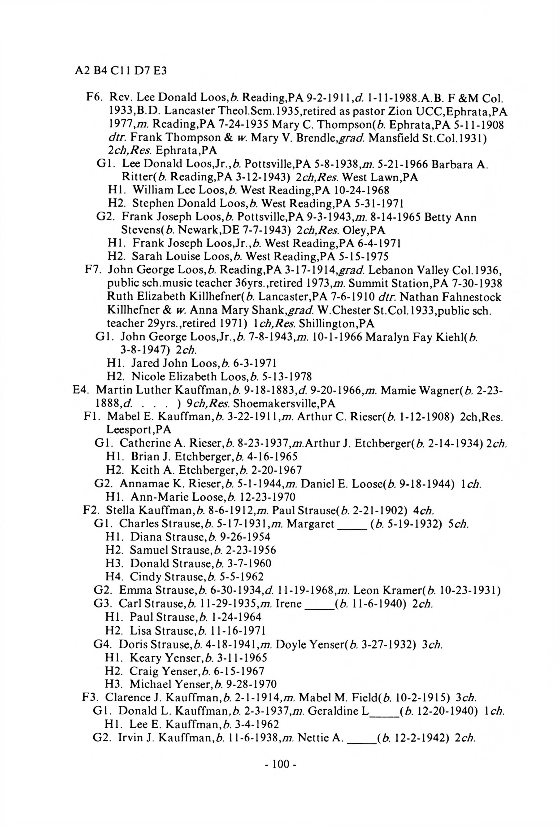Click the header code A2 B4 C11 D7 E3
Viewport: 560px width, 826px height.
(121, 71)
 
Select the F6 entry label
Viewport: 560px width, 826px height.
(94, 97)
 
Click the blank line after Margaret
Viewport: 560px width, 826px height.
(352, 524)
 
